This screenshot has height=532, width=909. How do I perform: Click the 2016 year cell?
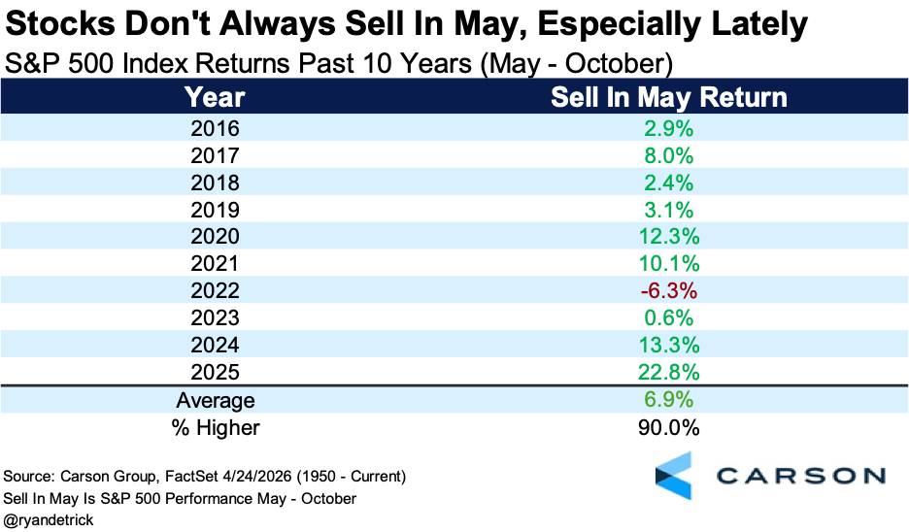(215, 128)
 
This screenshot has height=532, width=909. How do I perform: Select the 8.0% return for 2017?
(668, 155)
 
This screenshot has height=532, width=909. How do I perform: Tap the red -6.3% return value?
(668, 290)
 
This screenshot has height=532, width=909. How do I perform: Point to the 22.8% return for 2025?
(668, 372)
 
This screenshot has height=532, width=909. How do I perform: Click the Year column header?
(215, 97)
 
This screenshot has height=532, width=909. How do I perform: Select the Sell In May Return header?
(668, 97)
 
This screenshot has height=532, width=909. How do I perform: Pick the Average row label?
(215, 400)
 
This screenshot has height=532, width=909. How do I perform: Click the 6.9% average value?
(668, 399)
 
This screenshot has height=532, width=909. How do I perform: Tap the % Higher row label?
(215, 428)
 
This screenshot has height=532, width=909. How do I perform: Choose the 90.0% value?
(668, 428)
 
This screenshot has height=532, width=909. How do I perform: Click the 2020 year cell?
(215, 237)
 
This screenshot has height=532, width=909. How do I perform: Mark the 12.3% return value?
(668, 237)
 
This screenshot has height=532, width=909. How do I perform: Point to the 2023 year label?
(215, 317)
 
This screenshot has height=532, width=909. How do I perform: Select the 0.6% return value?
(668, 317)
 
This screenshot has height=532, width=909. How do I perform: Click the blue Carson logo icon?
(674, 476)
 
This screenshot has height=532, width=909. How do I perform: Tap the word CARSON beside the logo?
(801, 476)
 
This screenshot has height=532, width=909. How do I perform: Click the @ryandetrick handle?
(49, 519)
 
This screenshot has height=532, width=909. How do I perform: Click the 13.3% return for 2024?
(668, 345)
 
